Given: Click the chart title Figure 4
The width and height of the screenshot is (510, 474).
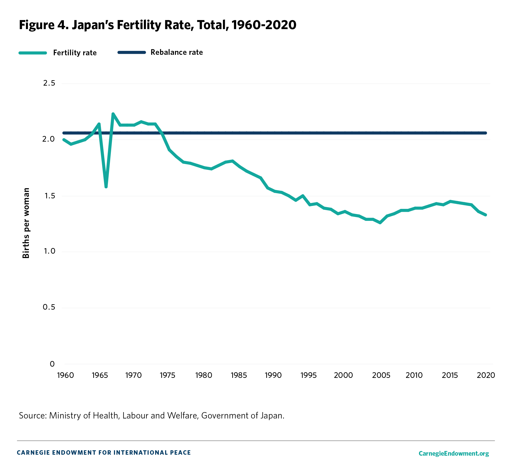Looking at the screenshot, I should [157, 25].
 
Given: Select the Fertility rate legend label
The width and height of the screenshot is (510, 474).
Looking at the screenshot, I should [75, 53].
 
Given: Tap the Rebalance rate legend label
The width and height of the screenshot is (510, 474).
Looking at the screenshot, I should [176, 52].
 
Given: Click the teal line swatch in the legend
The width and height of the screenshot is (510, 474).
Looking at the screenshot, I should [33, 53].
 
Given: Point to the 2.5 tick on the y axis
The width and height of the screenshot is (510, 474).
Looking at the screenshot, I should [49, 83].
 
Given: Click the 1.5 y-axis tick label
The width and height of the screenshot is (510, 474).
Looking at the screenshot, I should [49, 196].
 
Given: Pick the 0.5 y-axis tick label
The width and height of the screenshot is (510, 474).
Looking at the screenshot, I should [49, 307].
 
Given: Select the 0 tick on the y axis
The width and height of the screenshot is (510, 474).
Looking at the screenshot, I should [52, 364].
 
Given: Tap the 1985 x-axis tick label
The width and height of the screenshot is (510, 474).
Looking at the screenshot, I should [239, 375].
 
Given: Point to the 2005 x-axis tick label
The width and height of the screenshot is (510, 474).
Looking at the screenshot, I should [381, 375].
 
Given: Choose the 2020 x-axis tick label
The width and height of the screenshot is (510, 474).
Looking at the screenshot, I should [486, 375].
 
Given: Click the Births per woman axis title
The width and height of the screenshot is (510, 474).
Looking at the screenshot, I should [26, 223].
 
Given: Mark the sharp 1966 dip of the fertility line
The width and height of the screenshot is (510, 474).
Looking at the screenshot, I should [106, 187].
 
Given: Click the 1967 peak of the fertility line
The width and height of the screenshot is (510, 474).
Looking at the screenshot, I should [113, 114].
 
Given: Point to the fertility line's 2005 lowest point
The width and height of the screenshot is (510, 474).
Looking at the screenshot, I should [380, 223].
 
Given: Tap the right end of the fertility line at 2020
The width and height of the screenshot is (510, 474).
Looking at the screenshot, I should [485, 215].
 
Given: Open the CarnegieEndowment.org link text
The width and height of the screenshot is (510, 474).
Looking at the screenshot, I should [453, 453].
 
